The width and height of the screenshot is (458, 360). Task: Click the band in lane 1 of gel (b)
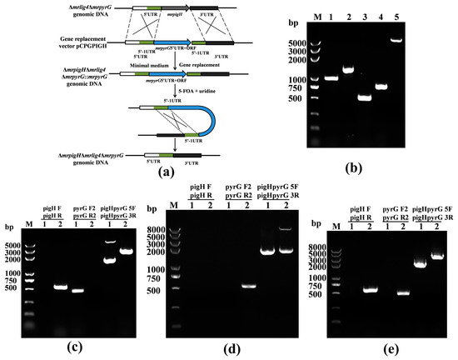pos(331,79)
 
